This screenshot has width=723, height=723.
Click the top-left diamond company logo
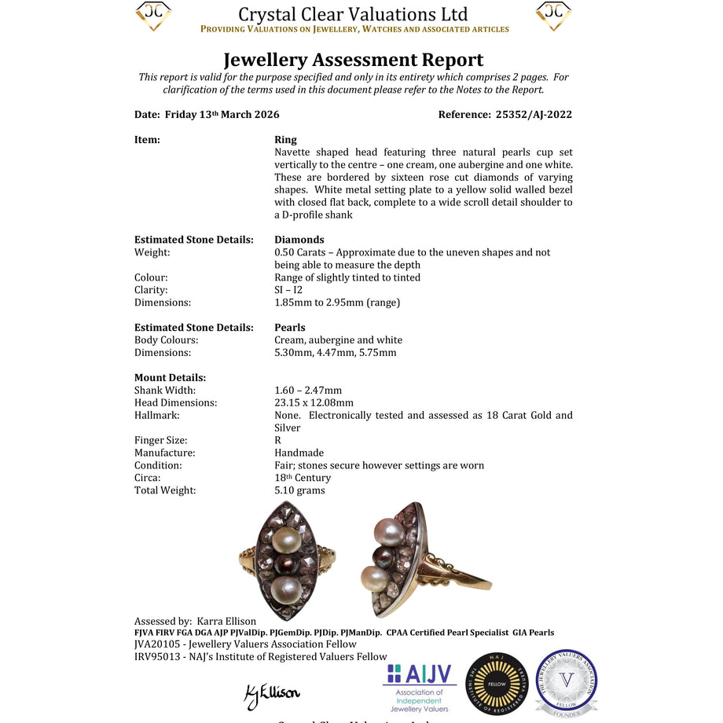(x=153, y=16)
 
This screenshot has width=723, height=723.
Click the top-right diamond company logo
(x=553, y=16)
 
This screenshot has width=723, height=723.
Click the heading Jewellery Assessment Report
(x=353, y=60)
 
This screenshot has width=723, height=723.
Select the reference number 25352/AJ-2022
(x=534, y=115)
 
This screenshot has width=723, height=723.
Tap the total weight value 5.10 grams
(x=299, y=490)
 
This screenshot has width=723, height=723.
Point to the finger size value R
(x=278, y=440)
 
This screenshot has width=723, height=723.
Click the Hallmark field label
(x=157, y=415)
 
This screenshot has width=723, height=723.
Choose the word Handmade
(x=299, y=453)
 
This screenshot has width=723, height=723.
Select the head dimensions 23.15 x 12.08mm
(x=314, y=402)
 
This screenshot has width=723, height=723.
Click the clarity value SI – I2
(x=288, y=290)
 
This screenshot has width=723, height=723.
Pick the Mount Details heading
(x=170, y=377)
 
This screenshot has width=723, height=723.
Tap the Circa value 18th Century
(x=303, y=478)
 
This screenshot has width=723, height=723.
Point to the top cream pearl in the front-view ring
(x=286, y=540)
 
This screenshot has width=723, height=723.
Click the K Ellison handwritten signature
(x=272, y=694)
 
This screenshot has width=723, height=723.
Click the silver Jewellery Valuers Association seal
(x=566, y=682)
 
